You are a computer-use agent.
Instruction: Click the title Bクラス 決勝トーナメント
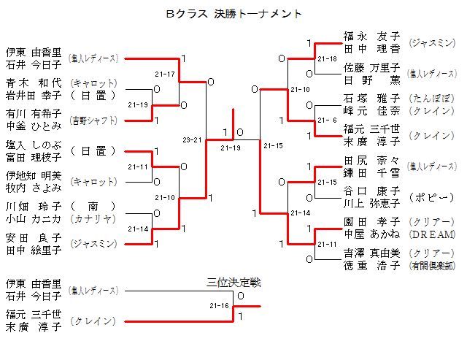tap(233, 14)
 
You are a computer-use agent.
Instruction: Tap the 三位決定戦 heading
tap(233, 282)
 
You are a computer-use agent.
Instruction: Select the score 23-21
tap(192, 139)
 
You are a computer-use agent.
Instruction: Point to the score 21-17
tap(165, 74)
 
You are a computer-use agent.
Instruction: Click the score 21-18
tap(328, 58)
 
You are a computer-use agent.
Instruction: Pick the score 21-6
tap(328, 120)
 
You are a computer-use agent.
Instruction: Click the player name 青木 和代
tap(34, 82)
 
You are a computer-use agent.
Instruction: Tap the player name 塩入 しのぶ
tap(34, 145)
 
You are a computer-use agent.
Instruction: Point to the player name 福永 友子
tap(371, 36)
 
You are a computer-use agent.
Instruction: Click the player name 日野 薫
tap(371, 80)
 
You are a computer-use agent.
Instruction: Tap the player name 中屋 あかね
tap(371, 234)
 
